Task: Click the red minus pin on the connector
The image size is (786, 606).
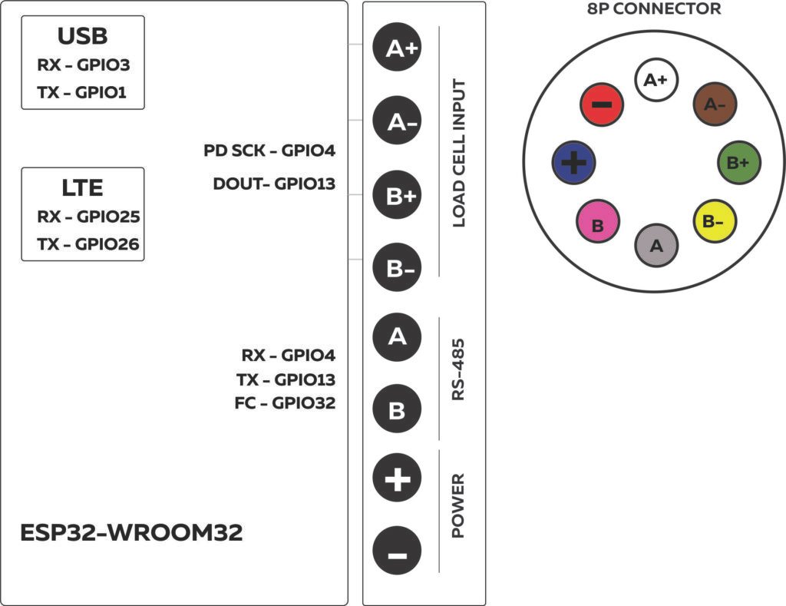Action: (x=603, y=104)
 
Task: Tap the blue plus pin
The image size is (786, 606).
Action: (x=573, y=162)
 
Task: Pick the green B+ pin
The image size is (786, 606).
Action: (x=738, y=162)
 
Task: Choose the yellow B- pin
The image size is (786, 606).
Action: (x=715, y=221)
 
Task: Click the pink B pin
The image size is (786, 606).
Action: (x=597, y=224)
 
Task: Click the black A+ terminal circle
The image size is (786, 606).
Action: (x=397, y=48)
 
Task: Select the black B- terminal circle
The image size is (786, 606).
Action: (x=397, y=269)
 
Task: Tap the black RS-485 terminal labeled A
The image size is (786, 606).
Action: (x=397, y=336)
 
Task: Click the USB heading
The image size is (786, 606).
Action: (x=82, y=36)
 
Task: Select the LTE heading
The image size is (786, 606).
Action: (x=82, y=188)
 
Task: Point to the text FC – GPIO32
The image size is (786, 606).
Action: (x=285, y=402)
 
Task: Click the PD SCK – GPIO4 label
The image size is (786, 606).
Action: (x=269, y=151)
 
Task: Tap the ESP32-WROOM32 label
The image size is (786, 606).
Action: (x=131, y=533)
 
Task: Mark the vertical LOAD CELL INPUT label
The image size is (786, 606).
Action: (x=459, y=154)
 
